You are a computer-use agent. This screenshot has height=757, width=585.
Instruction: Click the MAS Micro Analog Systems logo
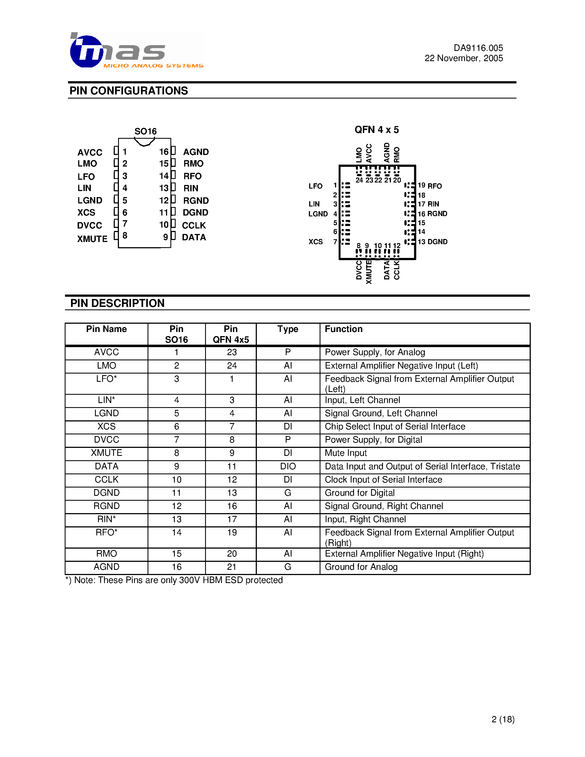coord(136,51)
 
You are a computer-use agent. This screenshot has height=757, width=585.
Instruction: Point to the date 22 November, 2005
coord(463,58)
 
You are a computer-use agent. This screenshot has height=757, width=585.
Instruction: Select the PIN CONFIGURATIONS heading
coord(129,91)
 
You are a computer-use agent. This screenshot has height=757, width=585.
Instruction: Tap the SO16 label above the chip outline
coord(146,131)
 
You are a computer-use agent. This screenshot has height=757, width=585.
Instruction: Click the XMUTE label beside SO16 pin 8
coord(92,239)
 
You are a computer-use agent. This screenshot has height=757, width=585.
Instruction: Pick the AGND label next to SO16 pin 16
coord(196,152)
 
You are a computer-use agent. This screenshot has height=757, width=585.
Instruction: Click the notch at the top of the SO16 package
coord(145,142)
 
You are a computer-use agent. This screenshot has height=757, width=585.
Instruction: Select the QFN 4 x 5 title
coord(376,130)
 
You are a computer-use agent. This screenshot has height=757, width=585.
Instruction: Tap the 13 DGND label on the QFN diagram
coord(432,242)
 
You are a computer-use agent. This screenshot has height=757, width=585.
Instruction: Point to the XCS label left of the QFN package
coord(315,242)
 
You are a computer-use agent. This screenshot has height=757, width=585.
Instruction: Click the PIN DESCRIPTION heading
coord(117,303)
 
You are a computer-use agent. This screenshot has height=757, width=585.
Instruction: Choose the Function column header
coord(344,329)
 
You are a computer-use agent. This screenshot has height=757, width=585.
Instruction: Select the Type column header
coord(288,329)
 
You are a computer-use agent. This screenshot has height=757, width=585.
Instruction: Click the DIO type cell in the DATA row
coord(288,466)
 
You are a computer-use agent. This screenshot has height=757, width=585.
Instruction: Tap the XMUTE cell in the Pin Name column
coord(106,453)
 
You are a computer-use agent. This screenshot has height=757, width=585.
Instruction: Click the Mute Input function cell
coord(345,453)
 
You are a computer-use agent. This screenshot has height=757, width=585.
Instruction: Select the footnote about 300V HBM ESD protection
coord(174,580)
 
